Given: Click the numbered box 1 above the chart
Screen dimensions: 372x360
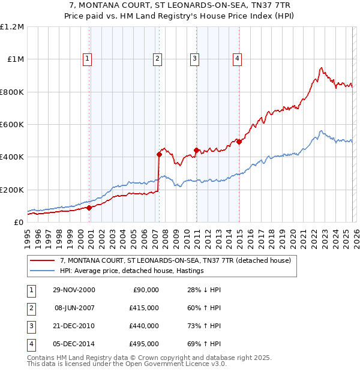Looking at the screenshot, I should pos(88,58).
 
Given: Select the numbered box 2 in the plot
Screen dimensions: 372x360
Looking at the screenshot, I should pos(157,58).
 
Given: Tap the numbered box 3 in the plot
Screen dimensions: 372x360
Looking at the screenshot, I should pos(195,58).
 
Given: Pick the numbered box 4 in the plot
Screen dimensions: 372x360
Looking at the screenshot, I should pos(238,58).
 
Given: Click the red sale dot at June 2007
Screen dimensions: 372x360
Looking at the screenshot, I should pos(159,154).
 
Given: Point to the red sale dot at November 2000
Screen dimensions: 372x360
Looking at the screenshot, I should pos(89,208).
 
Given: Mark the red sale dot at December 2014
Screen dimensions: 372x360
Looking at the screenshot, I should pos(239,142).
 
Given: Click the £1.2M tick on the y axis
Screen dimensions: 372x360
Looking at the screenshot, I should pos(12,27).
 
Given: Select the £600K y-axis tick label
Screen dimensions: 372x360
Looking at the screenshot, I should pos(12,125).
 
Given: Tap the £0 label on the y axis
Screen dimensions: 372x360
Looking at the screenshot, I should pos(18,222).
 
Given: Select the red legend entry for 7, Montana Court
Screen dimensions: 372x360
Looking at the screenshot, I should pos(175,260).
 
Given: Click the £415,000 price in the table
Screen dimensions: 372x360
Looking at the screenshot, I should pos(144,308).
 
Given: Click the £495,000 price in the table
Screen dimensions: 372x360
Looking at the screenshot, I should pos(144,344).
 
